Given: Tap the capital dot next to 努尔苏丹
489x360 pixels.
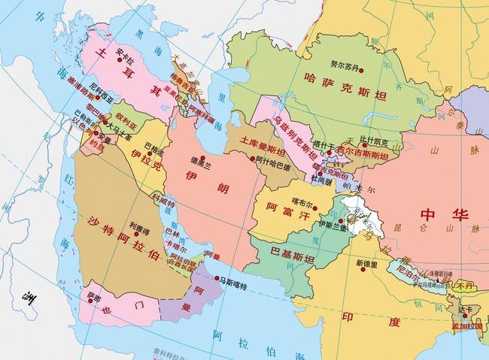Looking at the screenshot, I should (x=361, y=71).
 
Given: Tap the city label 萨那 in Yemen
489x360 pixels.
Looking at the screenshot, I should (x=93, y=296).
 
